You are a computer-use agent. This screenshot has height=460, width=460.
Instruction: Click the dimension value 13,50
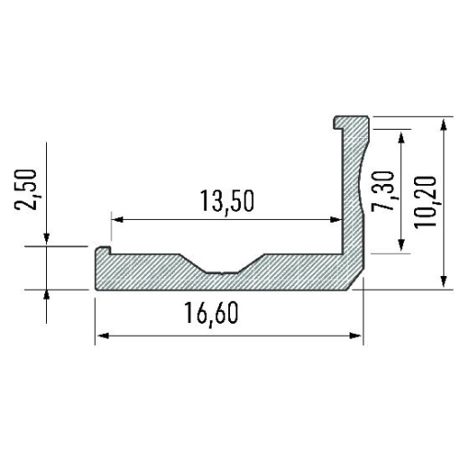click(x=225, y=201)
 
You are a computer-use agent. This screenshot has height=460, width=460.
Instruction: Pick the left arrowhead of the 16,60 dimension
click(x=100, y=336)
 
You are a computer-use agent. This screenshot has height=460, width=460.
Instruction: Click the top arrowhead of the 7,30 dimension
click(x=401, y=137)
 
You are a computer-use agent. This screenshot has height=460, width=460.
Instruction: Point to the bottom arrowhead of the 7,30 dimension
click(x=401, y=247)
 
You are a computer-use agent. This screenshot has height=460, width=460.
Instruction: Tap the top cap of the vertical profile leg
click(x=353, y=121)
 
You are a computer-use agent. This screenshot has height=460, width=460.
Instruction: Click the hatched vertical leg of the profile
click(x=351, y=202)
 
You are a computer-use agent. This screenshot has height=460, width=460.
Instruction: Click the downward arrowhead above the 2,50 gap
click(x=47, y=241)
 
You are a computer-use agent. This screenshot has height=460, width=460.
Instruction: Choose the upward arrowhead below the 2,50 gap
click(x=47, y=294)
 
